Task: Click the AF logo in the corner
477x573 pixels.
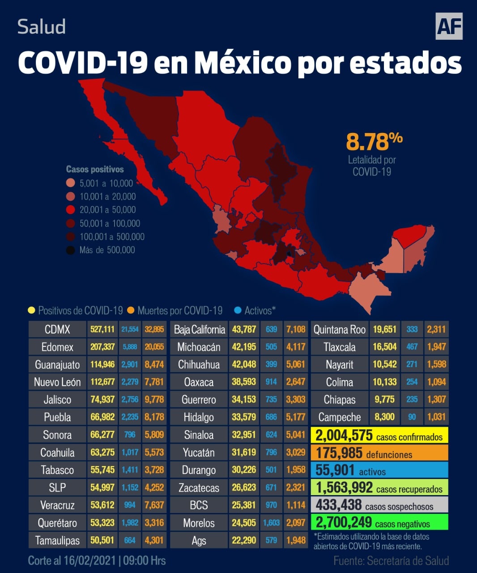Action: (x=449, y=26)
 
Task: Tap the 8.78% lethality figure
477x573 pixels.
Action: (x=374, y=141)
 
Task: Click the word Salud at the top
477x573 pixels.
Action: (x=42, y=27)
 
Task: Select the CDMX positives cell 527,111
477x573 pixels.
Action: (x=102, y=329)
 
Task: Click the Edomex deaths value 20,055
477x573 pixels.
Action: (x=154, y=347)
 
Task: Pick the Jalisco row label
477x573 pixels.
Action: (x=57, y=400)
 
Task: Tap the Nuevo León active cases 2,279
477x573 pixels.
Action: (x=130, y=382)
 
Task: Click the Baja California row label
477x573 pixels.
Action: (x=199, y=329)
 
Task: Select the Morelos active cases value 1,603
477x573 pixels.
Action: (x=271, y=523)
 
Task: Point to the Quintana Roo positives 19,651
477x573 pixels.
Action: (x=384, y=329)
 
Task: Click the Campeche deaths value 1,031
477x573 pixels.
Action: (x=436, y=417)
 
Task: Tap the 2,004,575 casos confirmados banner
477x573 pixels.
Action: (x=379, y=435)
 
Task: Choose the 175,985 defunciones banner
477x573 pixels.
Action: (x=379, y=453)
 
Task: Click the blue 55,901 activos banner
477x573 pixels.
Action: (x=379, y=470)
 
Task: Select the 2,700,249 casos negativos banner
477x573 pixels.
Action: (x=379, y=522)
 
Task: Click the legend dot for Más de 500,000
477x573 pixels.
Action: (x=71, y=250)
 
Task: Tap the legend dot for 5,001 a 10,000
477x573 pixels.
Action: (x=71, y=183)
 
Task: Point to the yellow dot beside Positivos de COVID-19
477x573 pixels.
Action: (x=31, y=310)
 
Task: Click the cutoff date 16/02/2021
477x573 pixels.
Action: (x=89, y=560)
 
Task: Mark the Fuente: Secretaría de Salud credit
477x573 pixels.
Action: (x=391, y=560)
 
